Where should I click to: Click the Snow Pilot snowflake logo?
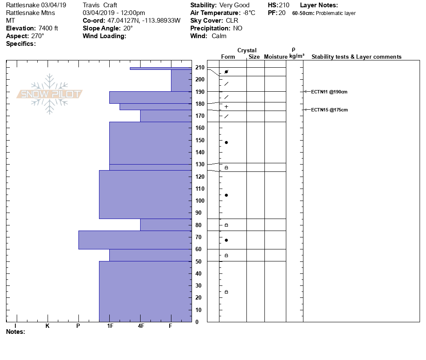(50, 94)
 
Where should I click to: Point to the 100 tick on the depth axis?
(200, 201)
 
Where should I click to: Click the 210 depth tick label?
(200, 67)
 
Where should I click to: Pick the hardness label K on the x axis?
(47, 326)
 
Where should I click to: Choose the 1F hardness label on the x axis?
(110, 326)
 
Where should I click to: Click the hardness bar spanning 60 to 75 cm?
(135, 240)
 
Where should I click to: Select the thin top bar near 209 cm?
(160, 69)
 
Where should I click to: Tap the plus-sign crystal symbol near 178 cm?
(226, 107)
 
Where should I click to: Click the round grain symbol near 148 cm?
(226, 142)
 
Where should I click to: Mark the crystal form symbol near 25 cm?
(226, 292)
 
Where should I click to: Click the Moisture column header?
(276, 57)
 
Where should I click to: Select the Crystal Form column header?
(228, 57)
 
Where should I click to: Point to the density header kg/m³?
(297, 56)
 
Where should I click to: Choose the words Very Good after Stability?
(234, 5)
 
